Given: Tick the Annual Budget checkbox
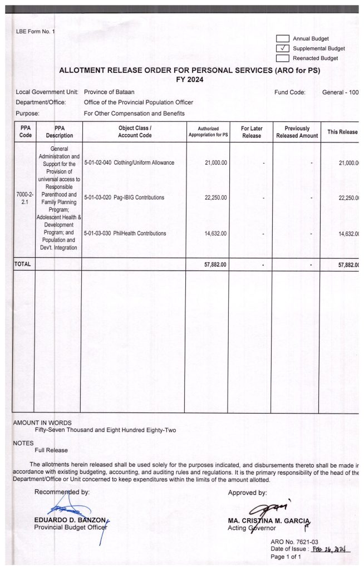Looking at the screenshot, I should [x=283, y=38].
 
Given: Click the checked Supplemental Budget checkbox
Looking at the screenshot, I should [x=283, y=48].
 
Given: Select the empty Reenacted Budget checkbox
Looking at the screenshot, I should [x=283, y=58].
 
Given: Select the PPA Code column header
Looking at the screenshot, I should [x=25, y=131].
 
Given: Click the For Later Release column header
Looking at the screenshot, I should [x=252, y=131].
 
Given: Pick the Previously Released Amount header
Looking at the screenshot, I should [x=297, y=131].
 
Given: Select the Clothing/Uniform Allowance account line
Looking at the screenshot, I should [x=129, y=163].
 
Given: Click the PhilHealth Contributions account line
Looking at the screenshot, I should [x=125, y=233].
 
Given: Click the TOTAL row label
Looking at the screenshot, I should [x=23, y=264].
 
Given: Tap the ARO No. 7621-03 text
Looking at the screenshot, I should [x=293, y=542].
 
